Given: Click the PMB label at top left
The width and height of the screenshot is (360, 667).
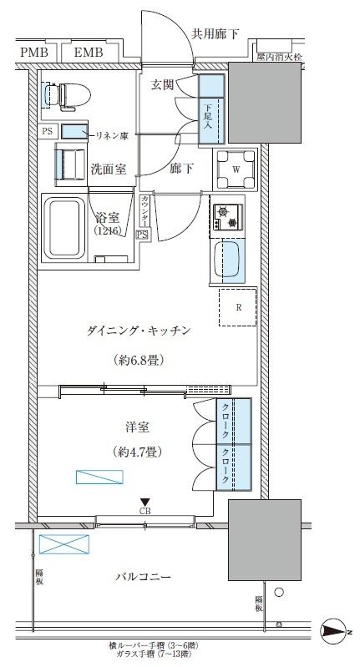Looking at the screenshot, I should click(34, 53).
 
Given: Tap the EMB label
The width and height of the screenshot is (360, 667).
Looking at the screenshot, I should click(88, 53).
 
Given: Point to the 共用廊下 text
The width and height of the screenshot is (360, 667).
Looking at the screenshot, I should click(215, 34).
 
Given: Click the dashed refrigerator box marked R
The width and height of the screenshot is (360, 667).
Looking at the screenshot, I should click(239, 307).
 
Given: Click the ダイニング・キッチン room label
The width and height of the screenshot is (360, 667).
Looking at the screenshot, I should click(139, 331).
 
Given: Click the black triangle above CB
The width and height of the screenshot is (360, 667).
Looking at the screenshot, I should click(145, 500).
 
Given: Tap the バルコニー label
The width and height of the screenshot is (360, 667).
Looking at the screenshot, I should click(144, 577).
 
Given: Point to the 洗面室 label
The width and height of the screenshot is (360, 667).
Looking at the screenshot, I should click(109, 169).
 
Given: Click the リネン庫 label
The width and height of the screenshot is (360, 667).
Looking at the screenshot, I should click(111, 134).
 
